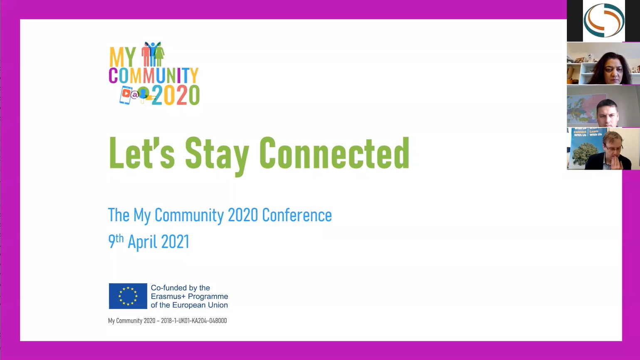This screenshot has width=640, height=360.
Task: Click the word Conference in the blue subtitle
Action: tap(297, 215)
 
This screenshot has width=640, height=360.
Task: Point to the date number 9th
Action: tap(116, 241)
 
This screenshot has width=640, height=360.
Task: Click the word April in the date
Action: tap(142, 242)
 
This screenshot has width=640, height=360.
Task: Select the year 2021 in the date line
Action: tap(175, 242)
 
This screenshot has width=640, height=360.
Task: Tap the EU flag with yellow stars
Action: tap(128, 296)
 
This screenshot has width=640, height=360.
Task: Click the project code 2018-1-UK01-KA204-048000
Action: tap(194, 321)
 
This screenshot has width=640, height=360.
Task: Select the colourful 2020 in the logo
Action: tap(176, 95)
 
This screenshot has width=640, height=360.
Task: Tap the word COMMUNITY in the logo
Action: tap(153, 75)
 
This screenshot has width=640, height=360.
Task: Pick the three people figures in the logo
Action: tap(153, 54)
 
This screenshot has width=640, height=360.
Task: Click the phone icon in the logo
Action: tap(126, 95)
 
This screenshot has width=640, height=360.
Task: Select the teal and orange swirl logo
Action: tap(604, 20)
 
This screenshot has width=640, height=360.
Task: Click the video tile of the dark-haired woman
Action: tap(603, 64)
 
